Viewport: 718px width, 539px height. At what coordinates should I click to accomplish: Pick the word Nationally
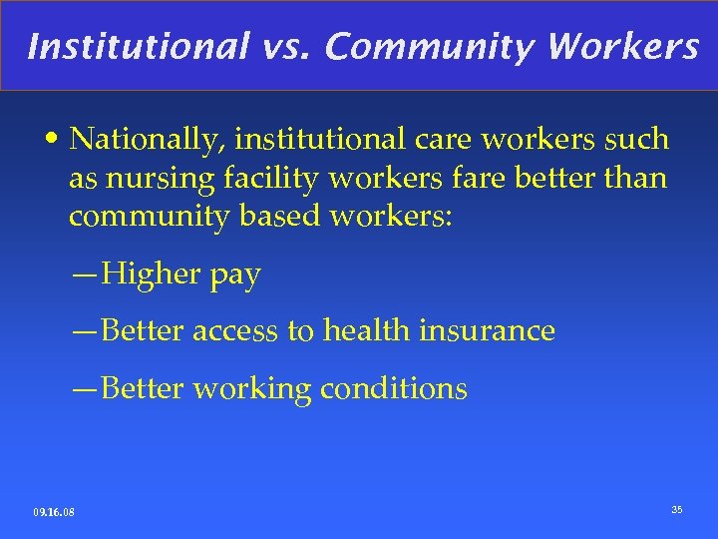click(145, 139)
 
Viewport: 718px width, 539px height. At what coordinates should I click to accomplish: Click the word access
click(235, 331)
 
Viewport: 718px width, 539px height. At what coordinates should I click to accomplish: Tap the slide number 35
click(676, 509)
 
